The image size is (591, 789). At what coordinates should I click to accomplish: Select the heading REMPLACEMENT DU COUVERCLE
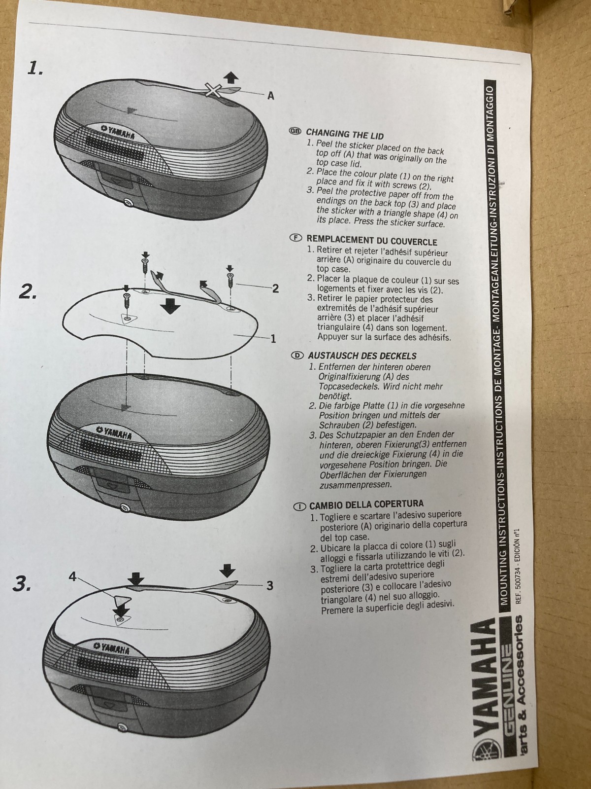pos(371,241)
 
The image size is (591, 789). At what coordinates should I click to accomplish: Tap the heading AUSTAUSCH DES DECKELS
pos(362,356)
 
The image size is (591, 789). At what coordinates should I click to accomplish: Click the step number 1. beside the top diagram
pos(35,68)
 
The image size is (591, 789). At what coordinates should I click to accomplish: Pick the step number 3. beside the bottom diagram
pos(22,584)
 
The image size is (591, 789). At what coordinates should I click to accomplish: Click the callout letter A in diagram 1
pos(271,96)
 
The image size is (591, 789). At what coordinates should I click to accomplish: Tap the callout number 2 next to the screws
pos(275,288)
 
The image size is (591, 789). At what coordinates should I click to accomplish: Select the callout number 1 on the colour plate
pos(273,338)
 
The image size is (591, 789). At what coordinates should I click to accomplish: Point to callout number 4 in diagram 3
pos(73,577)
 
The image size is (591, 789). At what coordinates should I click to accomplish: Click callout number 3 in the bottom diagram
pos(270,586)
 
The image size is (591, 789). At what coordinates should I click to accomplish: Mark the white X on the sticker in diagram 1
pos(213,90)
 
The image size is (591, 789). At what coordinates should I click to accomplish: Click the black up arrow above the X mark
pos(230,77)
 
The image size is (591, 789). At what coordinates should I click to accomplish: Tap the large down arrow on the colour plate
pos(170,306)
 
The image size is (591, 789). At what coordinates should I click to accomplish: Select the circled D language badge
pos(297,356)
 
